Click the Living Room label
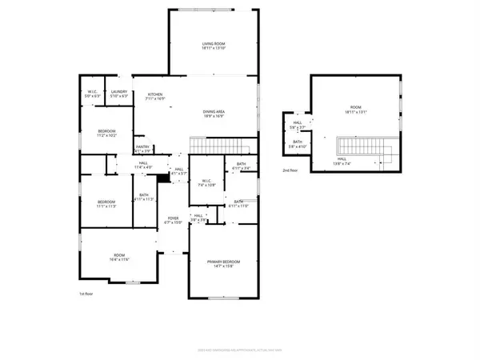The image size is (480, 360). pos(213,46)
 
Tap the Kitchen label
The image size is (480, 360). pos(155,97)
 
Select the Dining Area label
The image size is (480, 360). pos(213,114)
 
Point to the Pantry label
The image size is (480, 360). pos(142,149)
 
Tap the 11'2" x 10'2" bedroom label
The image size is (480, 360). pos(107,133)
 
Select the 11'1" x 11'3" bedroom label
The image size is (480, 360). pos(107,204)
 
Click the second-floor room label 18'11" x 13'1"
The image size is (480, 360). pos(356,110)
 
